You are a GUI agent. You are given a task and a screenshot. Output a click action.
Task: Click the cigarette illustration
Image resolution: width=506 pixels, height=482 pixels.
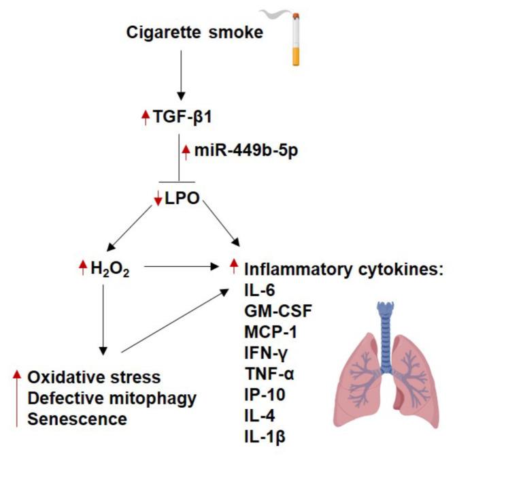click(294, 42)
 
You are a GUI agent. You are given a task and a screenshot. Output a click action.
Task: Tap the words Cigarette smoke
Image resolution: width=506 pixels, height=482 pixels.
click(195, 32)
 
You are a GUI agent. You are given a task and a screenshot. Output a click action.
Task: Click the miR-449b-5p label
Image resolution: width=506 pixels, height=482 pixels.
click(237, 149)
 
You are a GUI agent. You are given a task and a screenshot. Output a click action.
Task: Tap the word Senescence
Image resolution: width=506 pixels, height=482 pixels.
click(77, 419)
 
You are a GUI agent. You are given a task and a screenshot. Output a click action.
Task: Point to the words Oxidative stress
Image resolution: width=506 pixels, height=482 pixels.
click(94, 376)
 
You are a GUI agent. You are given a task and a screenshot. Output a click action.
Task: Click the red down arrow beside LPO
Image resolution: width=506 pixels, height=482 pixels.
click(158, 203)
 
